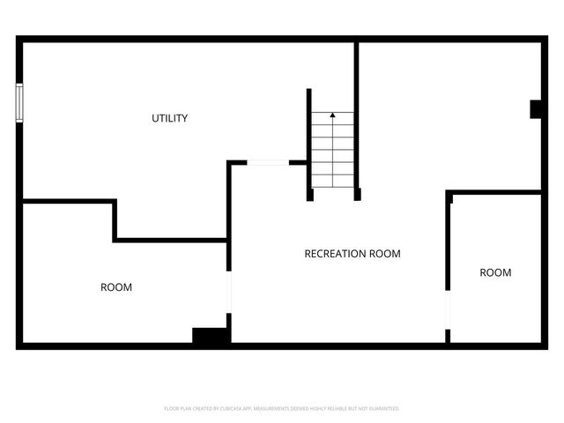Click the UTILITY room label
click(169, 118)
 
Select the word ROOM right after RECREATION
click(385, 254)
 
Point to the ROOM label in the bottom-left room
click(116, 287)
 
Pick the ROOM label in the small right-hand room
click(495, 273)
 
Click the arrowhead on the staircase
click(332, 115)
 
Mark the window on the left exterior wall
click(19, 102)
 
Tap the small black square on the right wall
click(535, 108)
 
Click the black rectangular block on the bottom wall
click(211, 336)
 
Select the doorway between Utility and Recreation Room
click(267, 162)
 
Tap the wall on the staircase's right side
click(357, 123)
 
